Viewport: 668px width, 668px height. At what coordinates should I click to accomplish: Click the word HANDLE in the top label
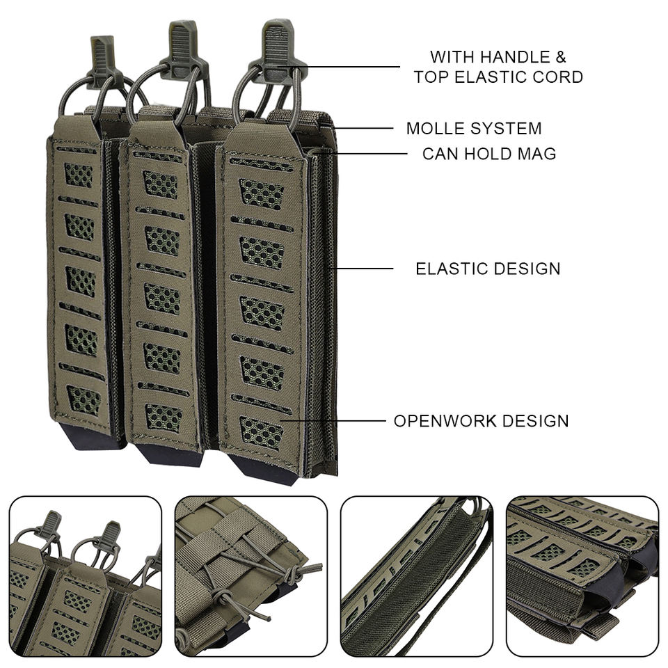pyautogui.click(x=514, y=56)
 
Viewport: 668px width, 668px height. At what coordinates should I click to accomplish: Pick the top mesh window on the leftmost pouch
pyautogui.click(x=79, y=174)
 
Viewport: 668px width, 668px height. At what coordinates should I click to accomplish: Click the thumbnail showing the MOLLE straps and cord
pyautogui.click(x=250, y=576)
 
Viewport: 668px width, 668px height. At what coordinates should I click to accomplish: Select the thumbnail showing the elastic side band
pyautogui.click(x=416, y=576)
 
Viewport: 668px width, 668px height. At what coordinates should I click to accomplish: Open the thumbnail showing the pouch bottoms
pyautogui.click(x=582, y=576)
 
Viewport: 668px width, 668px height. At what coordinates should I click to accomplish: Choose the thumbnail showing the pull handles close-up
pyautogui.click(x=85, y=576)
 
